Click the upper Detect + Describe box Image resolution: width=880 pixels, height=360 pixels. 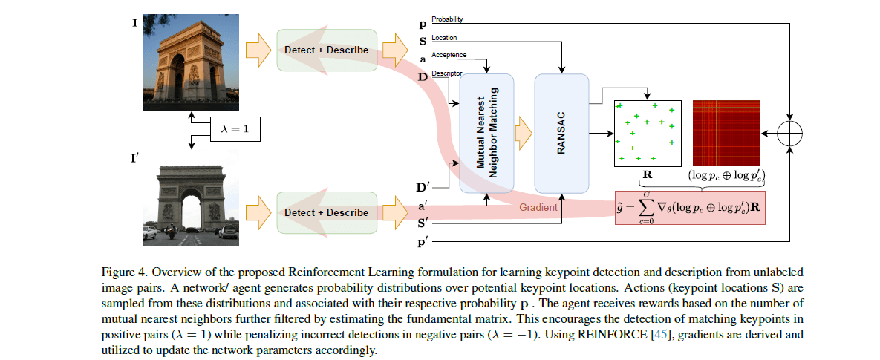tap(326, 50)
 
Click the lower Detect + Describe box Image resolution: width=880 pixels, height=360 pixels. tap(326, 212)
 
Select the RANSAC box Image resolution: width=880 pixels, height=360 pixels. tap(561, 133)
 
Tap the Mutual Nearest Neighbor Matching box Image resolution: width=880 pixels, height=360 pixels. tap(486, 133)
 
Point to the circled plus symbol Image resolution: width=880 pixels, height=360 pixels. tap(791, 133)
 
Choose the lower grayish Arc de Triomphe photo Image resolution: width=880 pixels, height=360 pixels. tap(191, 198)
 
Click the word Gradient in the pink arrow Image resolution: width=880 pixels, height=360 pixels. tap(538, 208)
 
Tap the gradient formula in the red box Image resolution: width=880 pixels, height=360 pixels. tap(688, 209)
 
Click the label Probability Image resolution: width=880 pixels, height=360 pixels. tap(449, 19)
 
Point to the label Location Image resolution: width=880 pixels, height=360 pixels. tap(444, 37)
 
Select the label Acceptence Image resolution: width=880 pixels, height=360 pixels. tap(449, 55)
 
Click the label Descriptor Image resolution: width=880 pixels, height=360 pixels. tap(447, 73)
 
